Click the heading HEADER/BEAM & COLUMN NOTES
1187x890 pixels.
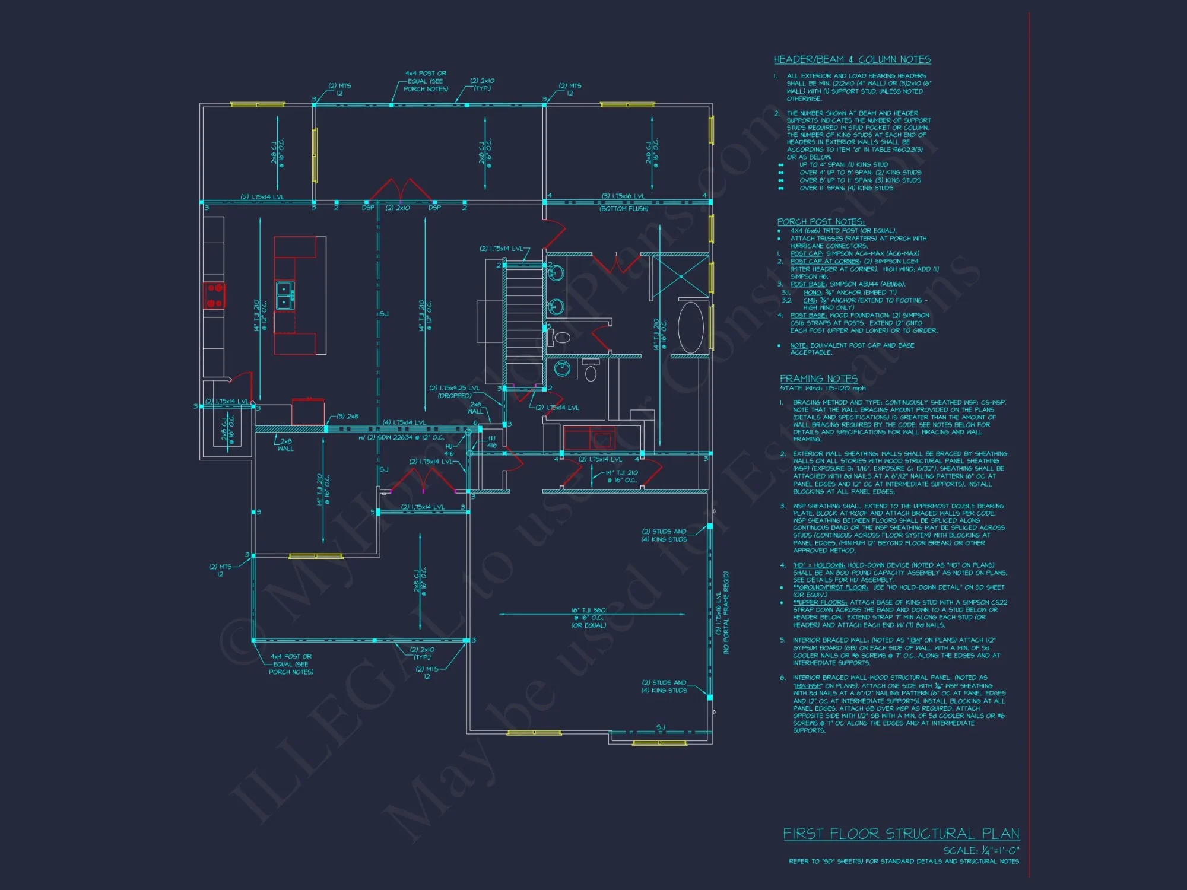852,59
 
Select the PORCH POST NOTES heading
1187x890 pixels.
821,221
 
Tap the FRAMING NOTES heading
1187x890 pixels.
818,379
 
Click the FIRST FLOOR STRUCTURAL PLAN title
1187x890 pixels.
901,834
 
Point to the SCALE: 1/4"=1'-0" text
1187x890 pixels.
981,850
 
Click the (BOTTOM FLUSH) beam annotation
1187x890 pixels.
623,209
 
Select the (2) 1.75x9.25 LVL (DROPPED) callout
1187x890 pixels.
454,392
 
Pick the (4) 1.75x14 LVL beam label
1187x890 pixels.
404,422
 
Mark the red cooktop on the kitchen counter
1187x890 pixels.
214,295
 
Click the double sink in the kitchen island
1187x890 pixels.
285,295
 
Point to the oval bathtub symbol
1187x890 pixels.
690,328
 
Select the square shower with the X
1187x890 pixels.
680,276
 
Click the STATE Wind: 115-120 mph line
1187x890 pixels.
823,388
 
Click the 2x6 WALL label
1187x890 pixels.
475,408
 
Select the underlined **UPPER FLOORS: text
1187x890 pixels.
821,602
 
